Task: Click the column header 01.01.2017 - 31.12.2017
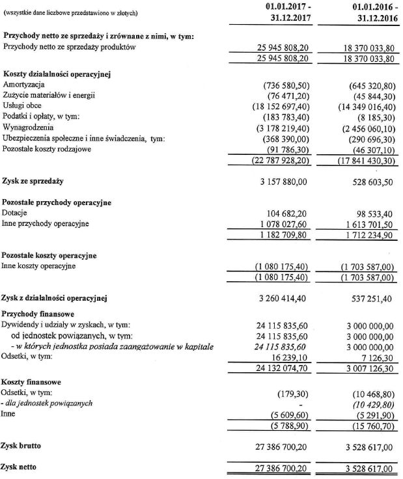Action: pos(283,12)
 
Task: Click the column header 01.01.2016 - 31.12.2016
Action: pos(366,12)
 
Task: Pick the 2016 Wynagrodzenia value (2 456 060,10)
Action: pos(365,128)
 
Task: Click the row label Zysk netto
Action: pos(22,467)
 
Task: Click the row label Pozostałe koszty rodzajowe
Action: pos(53,149)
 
